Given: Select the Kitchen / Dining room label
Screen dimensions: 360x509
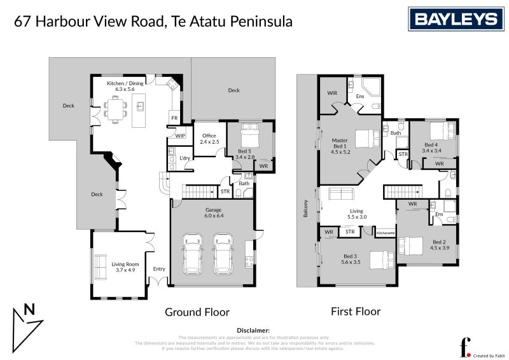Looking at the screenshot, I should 125,87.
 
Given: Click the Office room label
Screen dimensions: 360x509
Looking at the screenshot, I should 209,139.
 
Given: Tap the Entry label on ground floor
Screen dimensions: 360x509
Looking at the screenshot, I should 159,269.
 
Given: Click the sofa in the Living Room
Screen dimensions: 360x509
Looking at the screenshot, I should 100,267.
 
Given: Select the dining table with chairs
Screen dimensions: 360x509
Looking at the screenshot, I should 116,109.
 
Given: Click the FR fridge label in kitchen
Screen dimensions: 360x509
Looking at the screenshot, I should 174,118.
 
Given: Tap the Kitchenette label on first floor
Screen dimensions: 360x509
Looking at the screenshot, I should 386,233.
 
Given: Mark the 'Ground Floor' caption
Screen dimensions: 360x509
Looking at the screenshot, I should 197,312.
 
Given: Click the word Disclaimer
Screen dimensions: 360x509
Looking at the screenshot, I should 254,331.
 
